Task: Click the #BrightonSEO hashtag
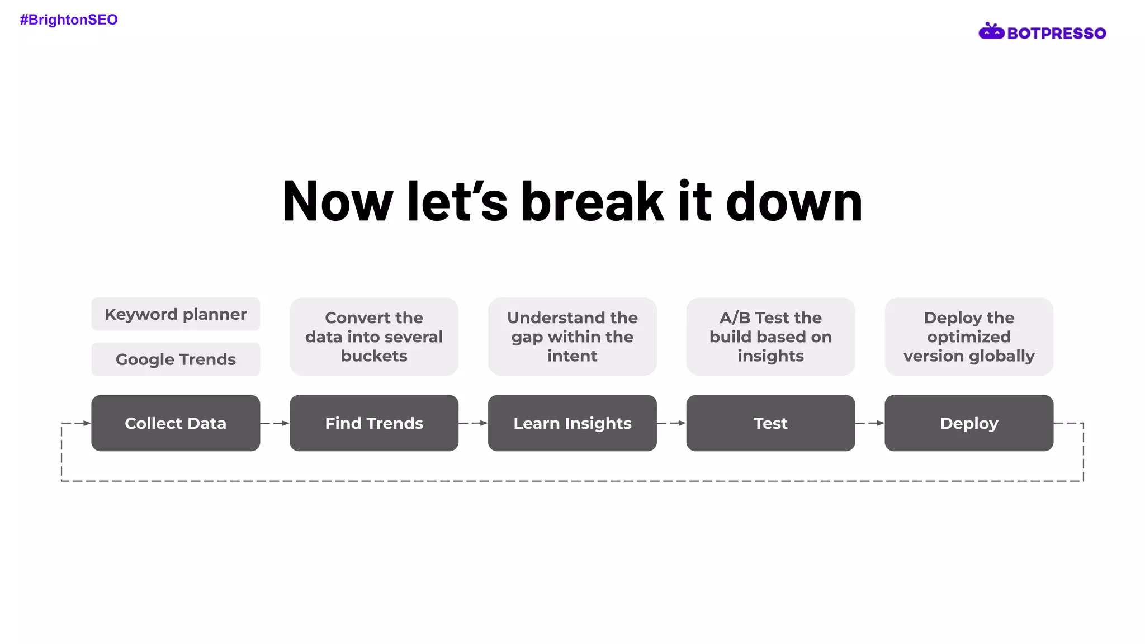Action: point(69,20)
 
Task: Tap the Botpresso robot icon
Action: point(991,32)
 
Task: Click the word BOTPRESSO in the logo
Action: point(1056,34)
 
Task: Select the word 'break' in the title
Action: point(592,202)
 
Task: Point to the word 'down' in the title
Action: point(794,202)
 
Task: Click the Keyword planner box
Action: point(176,314)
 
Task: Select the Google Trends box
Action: point(176,359)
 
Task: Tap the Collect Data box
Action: point(176,423)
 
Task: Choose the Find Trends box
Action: point(374,423)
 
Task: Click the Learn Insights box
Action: point(572,423)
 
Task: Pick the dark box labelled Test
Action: point(770,423)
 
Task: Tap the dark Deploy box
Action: point(969,423)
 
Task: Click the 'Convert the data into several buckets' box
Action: point(374,337)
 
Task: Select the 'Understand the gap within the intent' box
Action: point(572,337)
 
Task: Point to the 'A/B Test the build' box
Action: point(770,337)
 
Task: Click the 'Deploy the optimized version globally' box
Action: point(969,337)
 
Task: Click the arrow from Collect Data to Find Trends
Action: point(275,423)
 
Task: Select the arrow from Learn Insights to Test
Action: point(671,423)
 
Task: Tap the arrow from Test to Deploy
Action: point(870,423)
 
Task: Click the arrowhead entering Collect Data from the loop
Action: point(86,423)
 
